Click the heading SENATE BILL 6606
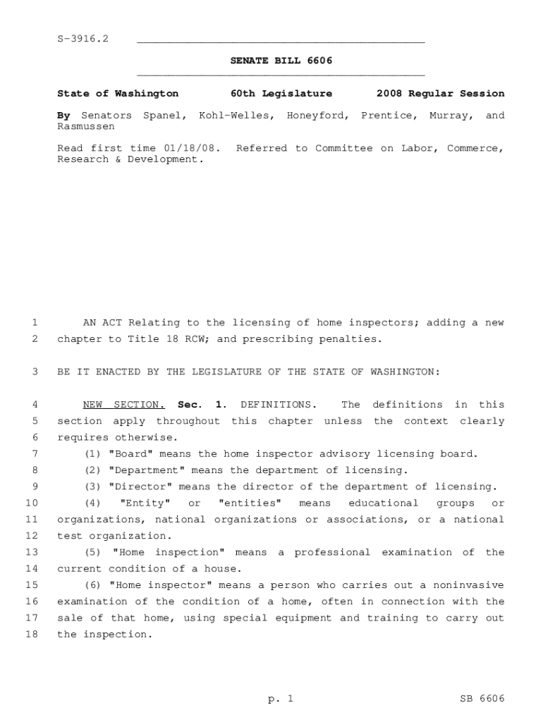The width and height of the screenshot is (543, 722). pos(281,61)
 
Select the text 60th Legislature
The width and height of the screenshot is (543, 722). pos(281,94)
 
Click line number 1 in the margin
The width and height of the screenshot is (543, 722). pos(34,323)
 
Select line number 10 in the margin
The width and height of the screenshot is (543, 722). pos(31,503)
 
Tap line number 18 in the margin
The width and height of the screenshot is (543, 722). pos(31,635)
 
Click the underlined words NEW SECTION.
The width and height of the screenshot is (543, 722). pos(124,405)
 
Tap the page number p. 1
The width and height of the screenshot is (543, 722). pos(280,699)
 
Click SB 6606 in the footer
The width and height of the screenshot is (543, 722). pos(482,699)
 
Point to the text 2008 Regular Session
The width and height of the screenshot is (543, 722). pos(440,94)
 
